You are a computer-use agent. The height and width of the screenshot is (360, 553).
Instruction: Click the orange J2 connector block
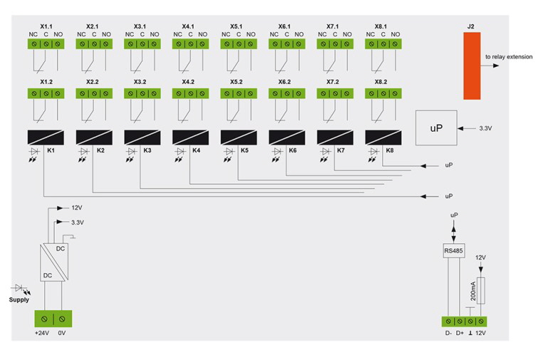pyautogui.click(x=470, y=66)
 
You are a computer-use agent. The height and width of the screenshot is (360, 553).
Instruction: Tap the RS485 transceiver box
pyautogui.click(x=453, y=250)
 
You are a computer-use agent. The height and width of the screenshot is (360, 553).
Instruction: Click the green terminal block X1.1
pyautogui.click(x=46, y=44)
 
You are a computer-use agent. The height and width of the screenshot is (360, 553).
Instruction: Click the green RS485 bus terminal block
pyautogui.click(x=463, y=322)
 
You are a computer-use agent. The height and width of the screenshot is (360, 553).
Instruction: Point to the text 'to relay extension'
pyautogui.click(x=508, y=56)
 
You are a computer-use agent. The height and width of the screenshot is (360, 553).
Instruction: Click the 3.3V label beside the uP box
pyautogui.click(x=485, y=128)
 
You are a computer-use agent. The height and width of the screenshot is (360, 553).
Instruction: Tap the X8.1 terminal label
pyautogui.click(x=381, y=26)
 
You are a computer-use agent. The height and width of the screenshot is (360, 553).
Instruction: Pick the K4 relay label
pyautogui.click(x=196, y=152)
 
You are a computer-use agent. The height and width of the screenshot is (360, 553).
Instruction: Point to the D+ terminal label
pyautogui.click(x=459, y=332)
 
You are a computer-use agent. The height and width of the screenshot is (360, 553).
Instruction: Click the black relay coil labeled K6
pyautogui.click(x=285, y=137)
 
